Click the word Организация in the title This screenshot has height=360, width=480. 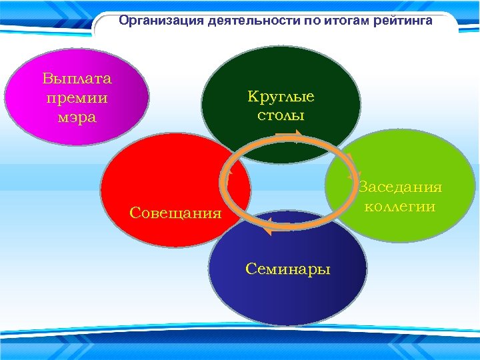pyautogui.click(x=152, y=21)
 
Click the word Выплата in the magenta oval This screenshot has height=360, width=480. pyautogui.click(x=77, y=78)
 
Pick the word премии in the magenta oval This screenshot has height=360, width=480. pyautogui.click(x=77, y=98)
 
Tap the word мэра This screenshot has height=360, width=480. pyautogui.click(x=77, y=118)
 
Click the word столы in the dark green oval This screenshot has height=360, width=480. pyautogui.click(x=281, y=115)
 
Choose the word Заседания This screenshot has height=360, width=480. pyautogui.click(x=400, y=187)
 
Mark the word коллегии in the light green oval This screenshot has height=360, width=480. pyautogui.click(x=400, y=207)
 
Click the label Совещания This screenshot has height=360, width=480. pyautogui.click(x=175, y=213)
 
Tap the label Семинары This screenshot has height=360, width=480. pyautogui.click(x=287, y=269)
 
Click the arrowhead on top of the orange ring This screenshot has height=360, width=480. pyautogui.click(x=294, y=138)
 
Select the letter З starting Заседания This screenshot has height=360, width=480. pyautogui.click(x=363, y=187)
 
